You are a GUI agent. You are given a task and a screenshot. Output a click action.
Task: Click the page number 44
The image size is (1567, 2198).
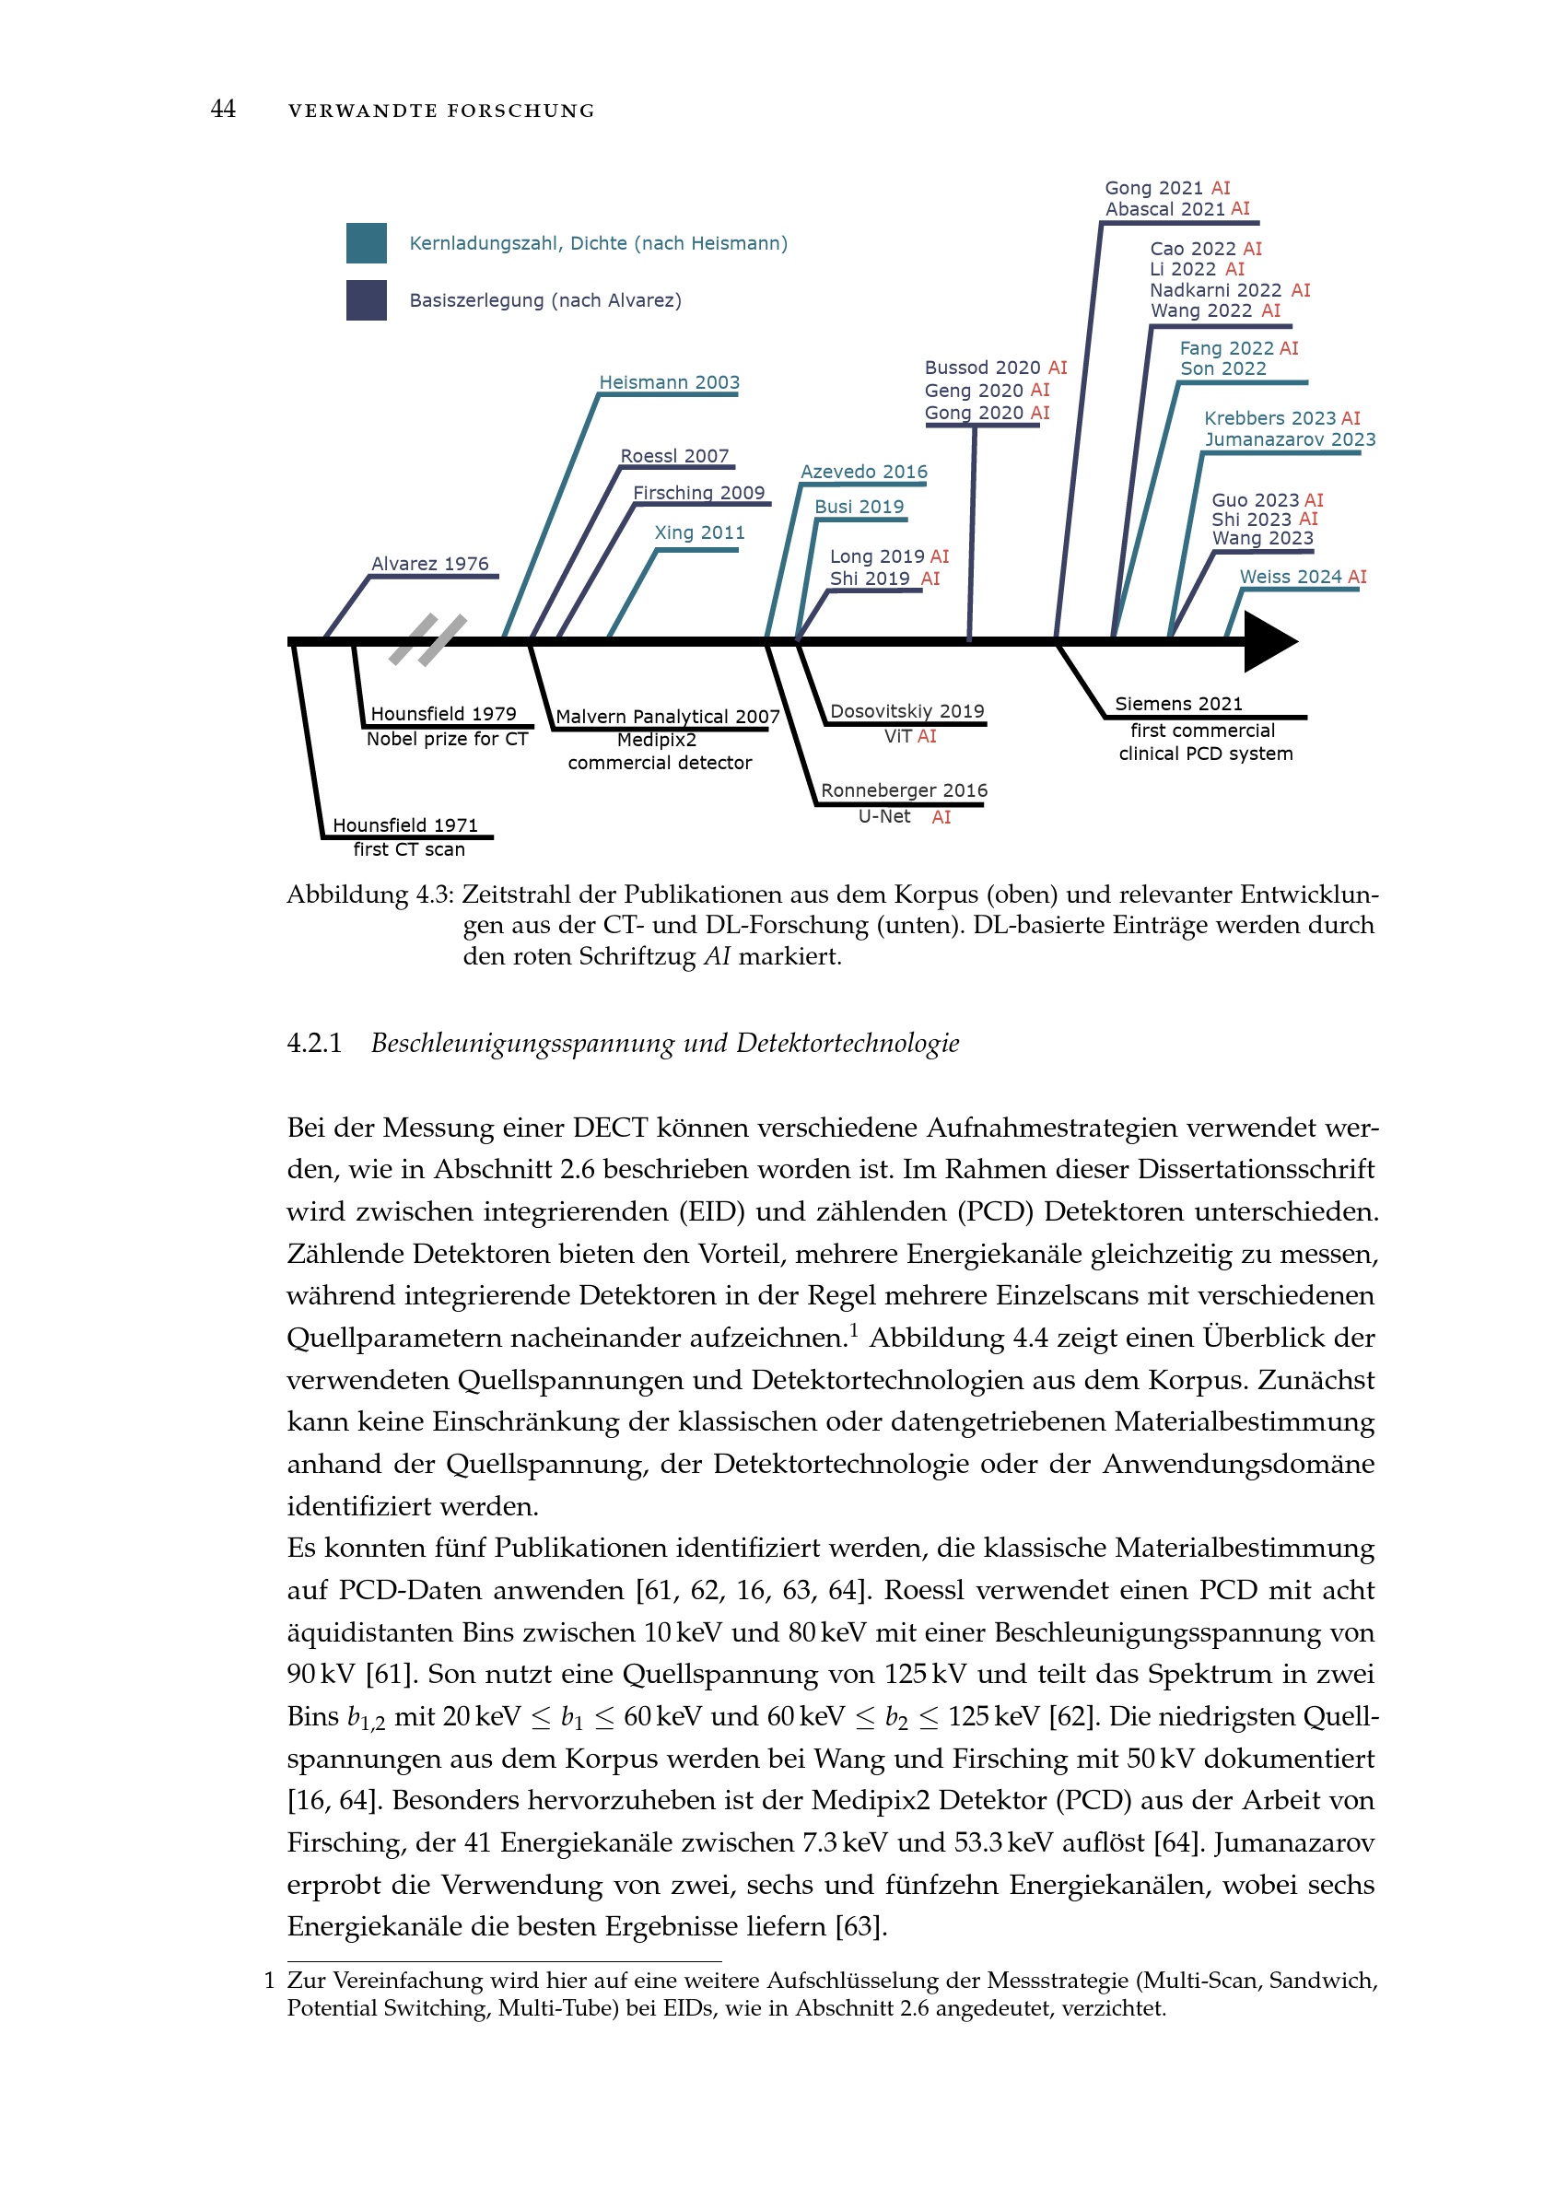pyautogui.click(x=223, y=109)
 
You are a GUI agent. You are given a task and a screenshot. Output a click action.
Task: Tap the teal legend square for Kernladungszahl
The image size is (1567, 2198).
pyautogui.click(x=366, y=243)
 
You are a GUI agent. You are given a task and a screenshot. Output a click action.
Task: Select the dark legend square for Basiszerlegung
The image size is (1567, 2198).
pyautogui.click(x=366, y=300)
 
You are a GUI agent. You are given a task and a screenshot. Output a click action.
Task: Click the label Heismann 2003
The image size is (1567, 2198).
pyautogui.click(x=669, y=382)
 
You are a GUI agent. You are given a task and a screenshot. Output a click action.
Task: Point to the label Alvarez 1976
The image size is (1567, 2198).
pyautogui.click(x=429, y=564)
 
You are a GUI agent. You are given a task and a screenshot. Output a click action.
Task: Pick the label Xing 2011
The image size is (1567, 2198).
pyautogui.click(x=698, y=532)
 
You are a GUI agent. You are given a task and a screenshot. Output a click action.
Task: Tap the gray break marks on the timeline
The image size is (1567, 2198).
pyautogui.click(x=427, y=639)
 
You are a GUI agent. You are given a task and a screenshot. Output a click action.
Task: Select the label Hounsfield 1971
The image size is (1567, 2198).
pyautogui.click(x=405, y=825)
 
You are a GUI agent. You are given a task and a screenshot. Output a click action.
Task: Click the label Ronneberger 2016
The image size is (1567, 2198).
pyautogui.click(x=903, y=790)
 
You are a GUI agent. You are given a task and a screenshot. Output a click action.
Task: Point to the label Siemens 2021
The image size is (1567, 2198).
pyautogui.click(x=1178, y=704)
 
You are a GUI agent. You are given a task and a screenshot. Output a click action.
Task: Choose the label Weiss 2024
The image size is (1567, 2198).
pyautogui.click(x=1290, y=576)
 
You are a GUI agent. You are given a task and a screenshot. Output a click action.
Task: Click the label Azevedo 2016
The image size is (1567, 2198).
pyautogui.click(x=863, y=472)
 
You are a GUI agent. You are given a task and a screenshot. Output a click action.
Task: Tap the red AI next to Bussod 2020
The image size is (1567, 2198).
pyautogui.click(x=1058, y=368)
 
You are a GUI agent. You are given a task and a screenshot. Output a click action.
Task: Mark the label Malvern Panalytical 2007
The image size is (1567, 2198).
pyautogui.click(x=667, y=716)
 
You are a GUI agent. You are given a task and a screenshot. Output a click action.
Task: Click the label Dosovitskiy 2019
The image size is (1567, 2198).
pyautogui.click(x=906, y=711)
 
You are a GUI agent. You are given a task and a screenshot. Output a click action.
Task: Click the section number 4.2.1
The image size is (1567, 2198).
pyautogui.click(x=313, y=1043)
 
